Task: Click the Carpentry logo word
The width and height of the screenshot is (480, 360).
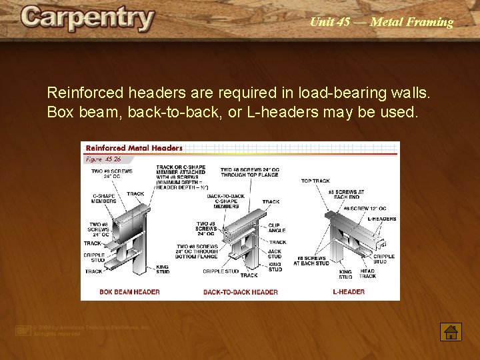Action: coord(87,19)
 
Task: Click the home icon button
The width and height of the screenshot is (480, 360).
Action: coord(450,331)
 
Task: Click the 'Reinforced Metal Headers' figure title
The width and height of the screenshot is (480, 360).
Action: coord(134,148)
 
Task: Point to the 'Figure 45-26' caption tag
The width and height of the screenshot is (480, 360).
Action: coord(103,159)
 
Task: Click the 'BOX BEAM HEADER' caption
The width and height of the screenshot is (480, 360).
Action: coord(129,291)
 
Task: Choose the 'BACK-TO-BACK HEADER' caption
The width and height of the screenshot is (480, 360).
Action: coord(240,291)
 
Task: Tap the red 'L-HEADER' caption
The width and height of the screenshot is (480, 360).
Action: coord(349,291)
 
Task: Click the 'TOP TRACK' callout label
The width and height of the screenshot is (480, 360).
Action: coord(315,181)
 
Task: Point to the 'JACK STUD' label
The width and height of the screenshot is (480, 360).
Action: coord(275,253)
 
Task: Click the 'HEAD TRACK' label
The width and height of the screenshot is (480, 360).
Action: coord(368,273)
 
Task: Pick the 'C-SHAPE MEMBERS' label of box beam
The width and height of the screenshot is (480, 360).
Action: coord(104,198)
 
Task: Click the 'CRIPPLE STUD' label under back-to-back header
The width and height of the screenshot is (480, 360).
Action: coord(221,271)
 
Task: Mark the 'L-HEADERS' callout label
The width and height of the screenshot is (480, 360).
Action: coord(381,219)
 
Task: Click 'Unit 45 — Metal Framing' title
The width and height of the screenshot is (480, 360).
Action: coord(381,22)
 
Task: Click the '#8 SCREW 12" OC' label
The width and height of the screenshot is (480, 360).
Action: coord(364,208)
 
